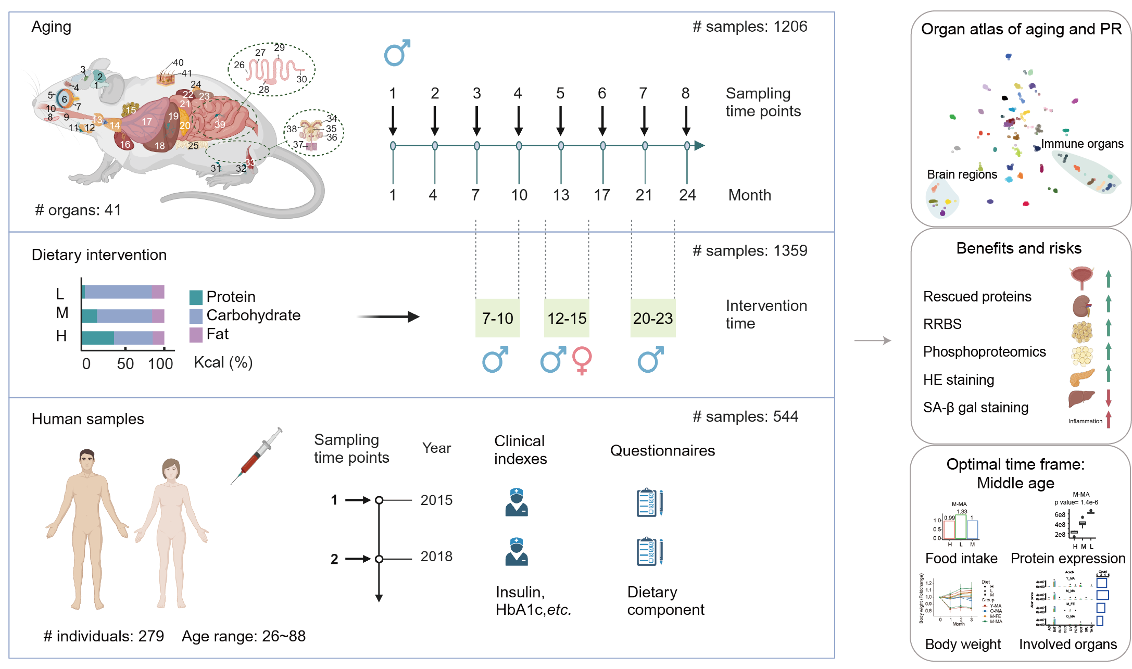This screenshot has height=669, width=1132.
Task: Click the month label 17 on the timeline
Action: (x=602, y=195)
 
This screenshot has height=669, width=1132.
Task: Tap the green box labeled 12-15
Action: (x=567, y=318)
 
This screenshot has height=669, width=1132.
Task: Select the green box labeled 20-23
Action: (x=652, y=318)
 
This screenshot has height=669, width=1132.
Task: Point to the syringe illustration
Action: (x=257, y=456)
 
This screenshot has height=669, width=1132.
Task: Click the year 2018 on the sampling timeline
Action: (x=436, y=557)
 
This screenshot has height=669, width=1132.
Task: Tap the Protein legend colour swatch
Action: (x=196, y=297)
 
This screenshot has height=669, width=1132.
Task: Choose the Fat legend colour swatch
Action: (x=196, y=335)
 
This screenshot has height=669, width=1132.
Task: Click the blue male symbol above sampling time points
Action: (x=397, y=53)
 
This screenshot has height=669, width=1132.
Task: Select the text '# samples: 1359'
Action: (x=749, y=251)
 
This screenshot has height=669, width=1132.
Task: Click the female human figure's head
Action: (x=171, y=469)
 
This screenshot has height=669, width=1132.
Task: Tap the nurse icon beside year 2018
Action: (x=516, y=552)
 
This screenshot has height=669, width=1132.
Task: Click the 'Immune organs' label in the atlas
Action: (x=1082, y=144)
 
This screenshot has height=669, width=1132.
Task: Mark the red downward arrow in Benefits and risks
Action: (x=1109, y=398)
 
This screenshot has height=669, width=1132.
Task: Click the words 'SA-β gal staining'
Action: (x=975, y=408)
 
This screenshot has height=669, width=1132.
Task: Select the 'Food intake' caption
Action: (x=961, y=559)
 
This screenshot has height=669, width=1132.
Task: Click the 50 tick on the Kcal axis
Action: (x=125, y=364)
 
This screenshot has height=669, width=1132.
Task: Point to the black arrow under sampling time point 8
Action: (x=686, y=121)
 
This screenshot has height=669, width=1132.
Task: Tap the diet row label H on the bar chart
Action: (x=61, y=336)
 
